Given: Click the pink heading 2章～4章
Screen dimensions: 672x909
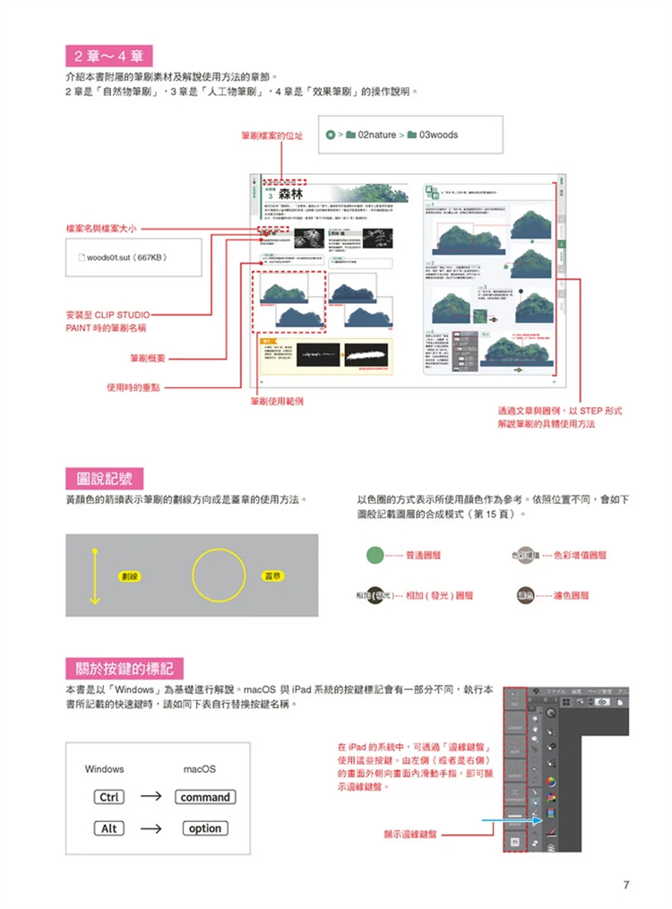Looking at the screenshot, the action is pyautogui.click(x=109, y=56).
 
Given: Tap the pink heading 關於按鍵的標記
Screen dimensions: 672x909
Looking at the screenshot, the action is pyautogui.click(x=125, y=668).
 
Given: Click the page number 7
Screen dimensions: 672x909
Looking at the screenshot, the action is pyautogui.click(x=626, y=885).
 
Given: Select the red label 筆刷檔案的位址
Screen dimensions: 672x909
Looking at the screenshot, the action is pyautogui.click(x=271, y=136).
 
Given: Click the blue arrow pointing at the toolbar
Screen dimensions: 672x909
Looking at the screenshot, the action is pyautogui.click(x=507, y=820).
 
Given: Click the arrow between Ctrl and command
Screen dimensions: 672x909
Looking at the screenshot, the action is pyautogui.click(x=151, y=797).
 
